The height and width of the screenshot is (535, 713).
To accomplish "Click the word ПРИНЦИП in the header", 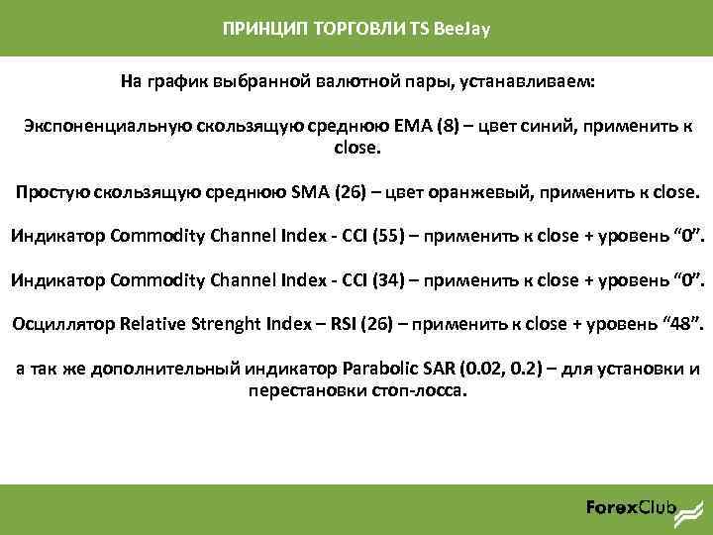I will (x=255, y=29).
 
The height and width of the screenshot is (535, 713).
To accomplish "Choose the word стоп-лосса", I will (x=417, y=389).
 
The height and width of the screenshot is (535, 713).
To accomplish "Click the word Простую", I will (x=52, y=191).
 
